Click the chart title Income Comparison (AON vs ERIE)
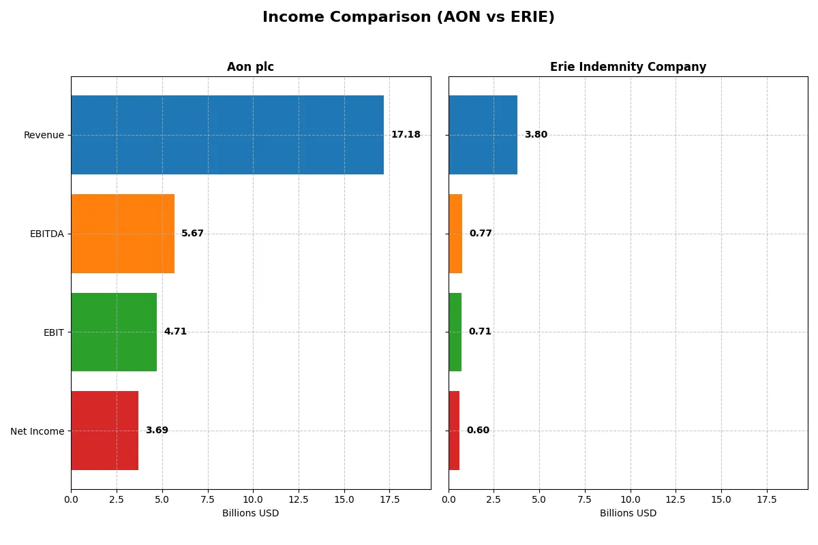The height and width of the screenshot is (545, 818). (x=408, y=18)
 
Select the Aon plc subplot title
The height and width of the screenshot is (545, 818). (x=250, y=67)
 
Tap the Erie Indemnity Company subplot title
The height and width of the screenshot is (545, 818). (x=628, y=67)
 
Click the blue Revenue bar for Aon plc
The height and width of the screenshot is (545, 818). (x=227, y=135)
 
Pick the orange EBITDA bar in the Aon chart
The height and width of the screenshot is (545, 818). (x=123, y=234)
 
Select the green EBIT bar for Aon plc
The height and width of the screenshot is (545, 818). (x=114, y=332)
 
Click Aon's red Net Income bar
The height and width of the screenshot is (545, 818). (x=104, y=431)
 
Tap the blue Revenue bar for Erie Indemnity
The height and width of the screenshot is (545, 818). (x=483, y=135)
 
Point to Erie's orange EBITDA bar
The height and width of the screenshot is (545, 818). (x=455, y=234)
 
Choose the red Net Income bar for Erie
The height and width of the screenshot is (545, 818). (x=454, y=431)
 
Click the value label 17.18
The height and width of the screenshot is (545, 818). (x=406, y=135)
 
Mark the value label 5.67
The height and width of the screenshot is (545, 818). (x=192, y=234)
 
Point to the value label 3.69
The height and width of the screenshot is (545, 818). (x=157, y=431)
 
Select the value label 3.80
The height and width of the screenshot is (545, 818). (x=536, y=135)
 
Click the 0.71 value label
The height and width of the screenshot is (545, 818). (x=480, y=332)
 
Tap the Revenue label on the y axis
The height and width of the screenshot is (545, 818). (x=44, y=135)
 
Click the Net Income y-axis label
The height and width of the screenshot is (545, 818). (x=37, y=431)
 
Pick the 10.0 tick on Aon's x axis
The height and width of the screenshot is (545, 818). (x=253, y=499)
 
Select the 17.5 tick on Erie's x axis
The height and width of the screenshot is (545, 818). (x=767, y=499)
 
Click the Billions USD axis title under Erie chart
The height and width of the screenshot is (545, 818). (x=628, y=513)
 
